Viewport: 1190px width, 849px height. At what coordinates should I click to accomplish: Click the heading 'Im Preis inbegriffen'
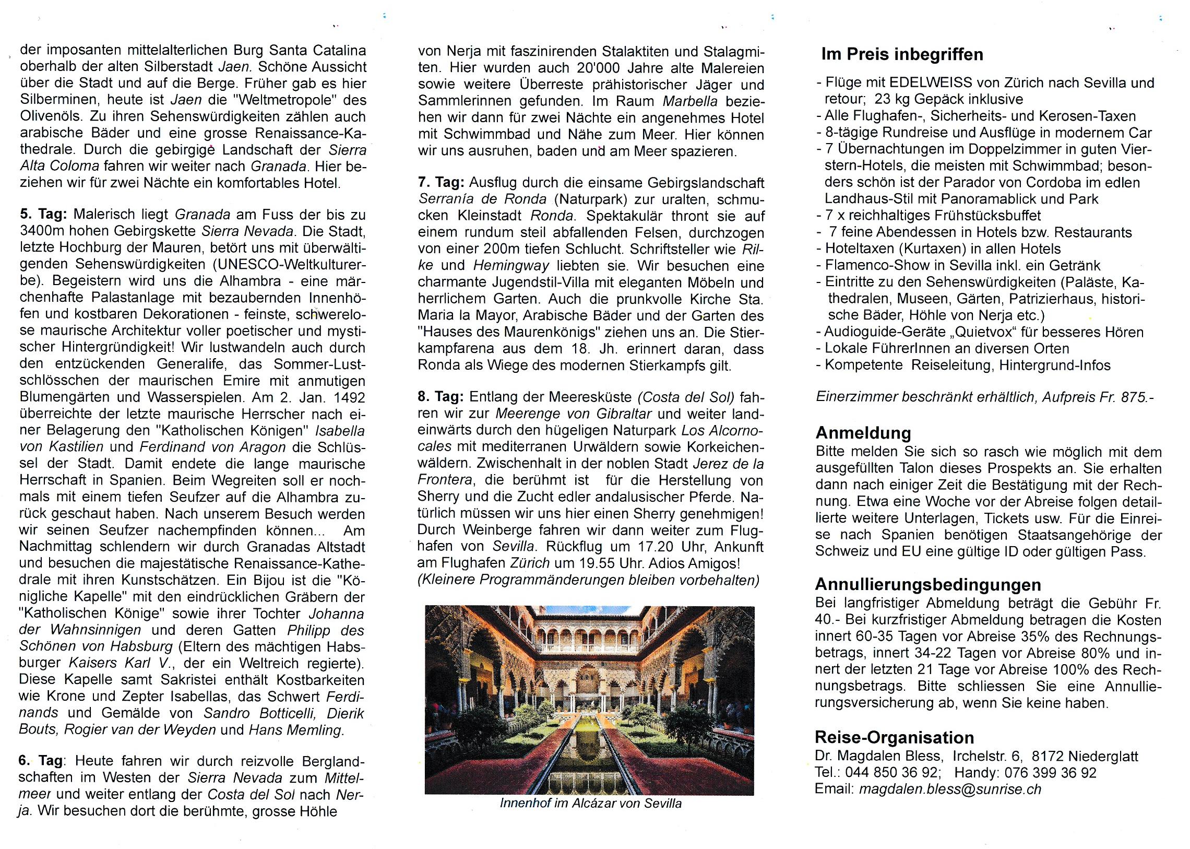(901, 54)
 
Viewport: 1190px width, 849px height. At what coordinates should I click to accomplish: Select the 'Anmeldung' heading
(863, 433)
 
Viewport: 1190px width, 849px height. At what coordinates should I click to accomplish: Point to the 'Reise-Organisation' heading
(894, 738)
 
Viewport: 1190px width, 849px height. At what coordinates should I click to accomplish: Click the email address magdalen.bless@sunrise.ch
(949, 789)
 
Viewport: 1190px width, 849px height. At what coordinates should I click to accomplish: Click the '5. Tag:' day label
(43, 215)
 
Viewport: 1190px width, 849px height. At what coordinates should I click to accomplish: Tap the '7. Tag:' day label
(441, 182)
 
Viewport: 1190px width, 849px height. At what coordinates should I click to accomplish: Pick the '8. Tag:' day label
(441, 397)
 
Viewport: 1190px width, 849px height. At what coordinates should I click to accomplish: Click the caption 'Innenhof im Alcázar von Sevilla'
(590, 803)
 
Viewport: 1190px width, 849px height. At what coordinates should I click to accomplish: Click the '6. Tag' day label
(40, 761)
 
